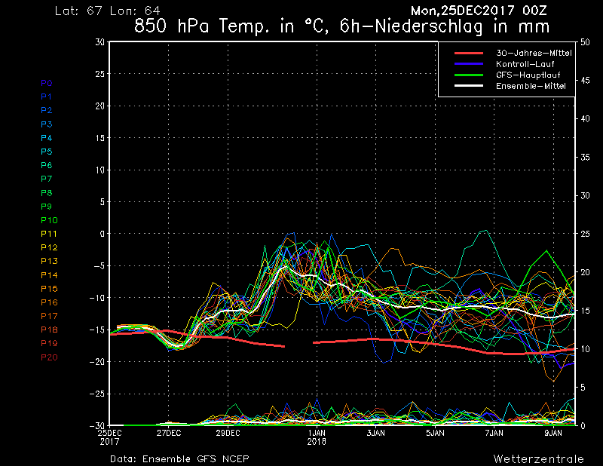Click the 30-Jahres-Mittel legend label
click(534, 53)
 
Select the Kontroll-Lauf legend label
click(525, 64)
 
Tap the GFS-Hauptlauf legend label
click(528, 75)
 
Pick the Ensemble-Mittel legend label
click(531, 86)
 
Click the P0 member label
click(47, 83)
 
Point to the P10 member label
click(49, 220)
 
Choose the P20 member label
click(49, 357)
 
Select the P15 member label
click(49, 289)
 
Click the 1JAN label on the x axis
click(317, 433)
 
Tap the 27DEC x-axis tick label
click(168, 433)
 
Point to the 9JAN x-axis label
click(553, 433)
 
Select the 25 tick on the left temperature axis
click(100, 73)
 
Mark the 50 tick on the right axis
click(585, 42)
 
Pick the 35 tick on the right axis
click(585, 157)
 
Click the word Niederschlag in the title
click(428, 27)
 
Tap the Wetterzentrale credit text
click(538, 458)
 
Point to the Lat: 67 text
click(79, 11)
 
